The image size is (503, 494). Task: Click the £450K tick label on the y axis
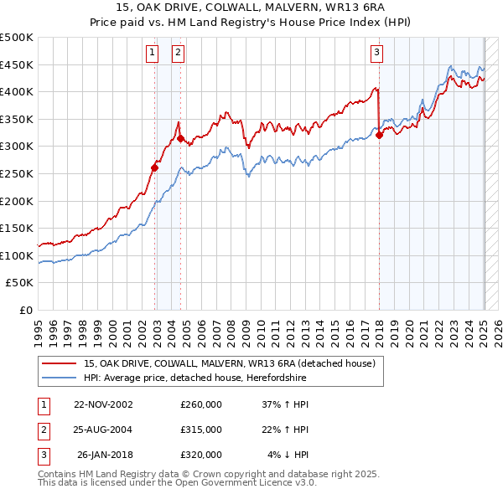[x=17, y=64]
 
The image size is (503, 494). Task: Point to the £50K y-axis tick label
[x=20, y=283]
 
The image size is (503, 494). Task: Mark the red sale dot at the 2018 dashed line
[x=379, y=135]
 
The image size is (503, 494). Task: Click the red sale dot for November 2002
[x=155, y=167]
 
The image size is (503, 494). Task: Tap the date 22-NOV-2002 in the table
[x=103, y=404]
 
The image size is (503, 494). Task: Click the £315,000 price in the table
[x=201, y=430]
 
